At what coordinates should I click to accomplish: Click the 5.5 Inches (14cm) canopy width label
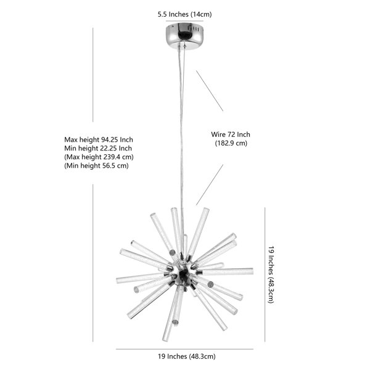pos(184,14)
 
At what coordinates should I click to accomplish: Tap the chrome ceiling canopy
pos(184,35)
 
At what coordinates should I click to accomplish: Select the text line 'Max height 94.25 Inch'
pos(99,140)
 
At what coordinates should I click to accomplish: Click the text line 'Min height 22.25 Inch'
pos(98,149)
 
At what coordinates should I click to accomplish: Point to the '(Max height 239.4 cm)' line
pos(99,157)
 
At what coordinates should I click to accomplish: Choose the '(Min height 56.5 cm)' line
pos(96,166)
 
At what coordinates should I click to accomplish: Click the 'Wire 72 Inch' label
pos(231,134)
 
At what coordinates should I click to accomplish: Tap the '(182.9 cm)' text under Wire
pos(231,143)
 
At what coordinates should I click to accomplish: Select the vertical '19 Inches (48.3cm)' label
pos(271,274)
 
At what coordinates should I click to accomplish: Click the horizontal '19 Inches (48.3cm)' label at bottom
pos(187,356)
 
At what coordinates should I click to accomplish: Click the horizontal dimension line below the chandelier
pos(184,349)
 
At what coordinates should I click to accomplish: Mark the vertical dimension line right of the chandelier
pos(265,274)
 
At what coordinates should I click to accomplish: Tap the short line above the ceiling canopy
pos(184,21)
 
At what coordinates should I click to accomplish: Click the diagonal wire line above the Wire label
pos(210,91)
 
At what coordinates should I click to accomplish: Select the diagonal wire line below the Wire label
pos(210,185)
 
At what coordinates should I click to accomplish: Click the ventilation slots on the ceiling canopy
pos(195,29)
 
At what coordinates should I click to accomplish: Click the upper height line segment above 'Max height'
pos(92,75)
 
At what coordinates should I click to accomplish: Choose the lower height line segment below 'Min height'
pos(92,263)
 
